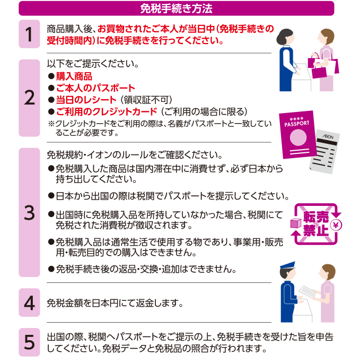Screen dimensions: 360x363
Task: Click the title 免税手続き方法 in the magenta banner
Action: click(x=176, y=9)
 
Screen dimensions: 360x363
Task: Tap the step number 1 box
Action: click(x=29, y=34)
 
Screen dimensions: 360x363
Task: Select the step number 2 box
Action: click(x=29, y=98)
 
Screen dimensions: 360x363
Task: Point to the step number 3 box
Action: click(x=29, y=212)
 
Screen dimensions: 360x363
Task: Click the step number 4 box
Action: click(x=29, y=302)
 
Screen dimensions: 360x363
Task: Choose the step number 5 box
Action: click(x=29, y=342)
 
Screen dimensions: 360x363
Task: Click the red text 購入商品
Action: click(x=74, y=76)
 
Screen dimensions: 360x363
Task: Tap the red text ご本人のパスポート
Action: click(x=95, y=88)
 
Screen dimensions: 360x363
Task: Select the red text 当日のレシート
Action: click(x=86, y=100)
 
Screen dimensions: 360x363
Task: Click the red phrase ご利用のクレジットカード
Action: click(x=107, y=111)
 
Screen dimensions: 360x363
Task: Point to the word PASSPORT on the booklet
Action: click(x=297, y=124)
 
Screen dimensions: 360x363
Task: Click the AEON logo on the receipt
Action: click(x=328, y=136)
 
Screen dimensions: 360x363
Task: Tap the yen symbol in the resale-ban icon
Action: click(x=336, y=225)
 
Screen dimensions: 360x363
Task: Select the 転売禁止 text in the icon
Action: click(x=316, y=223)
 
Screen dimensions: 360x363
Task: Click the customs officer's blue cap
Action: click(x=288, y=265)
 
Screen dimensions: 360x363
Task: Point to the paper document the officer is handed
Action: click(x=307, y=292)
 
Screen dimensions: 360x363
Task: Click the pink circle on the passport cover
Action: click(x=298, y=137)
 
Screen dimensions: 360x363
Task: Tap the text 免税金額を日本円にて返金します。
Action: click(x=115, y=303)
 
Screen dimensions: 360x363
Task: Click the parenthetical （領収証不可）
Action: click(x=146, y=100)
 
